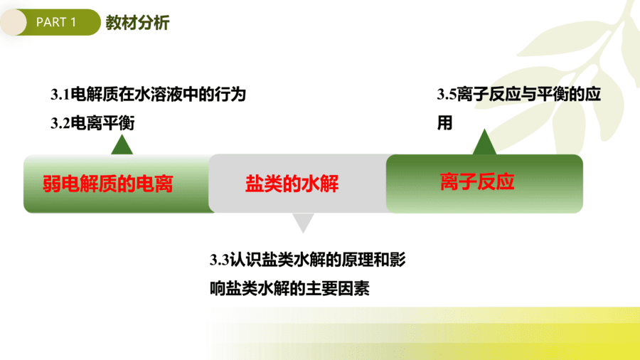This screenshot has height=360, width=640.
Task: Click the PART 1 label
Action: (56, 22)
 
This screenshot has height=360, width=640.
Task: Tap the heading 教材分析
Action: (137, 23)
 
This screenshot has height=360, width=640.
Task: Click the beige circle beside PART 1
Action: (14, 22)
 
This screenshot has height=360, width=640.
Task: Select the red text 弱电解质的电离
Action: (108, 184)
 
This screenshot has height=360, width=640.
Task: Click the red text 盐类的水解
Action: (292, 184)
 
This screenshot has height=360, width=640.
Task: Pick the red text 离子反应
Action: (477, 181)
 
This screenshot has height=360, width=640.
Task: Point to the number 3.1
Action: (60, 95)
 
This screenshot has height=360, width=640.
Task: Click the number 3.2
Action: (60, 123)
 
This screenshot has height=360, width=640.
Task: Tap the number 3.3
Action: (220, 260)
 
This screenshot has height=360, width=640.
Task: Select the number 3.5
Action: (447, 95)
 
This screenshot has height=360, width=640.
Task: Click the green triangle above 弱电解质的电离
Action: (122, 145)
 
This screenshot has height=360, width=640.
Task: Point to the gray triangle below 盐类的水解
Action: (303, 223)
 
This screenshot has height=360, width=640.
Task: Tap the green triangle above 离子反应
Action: (484, 142)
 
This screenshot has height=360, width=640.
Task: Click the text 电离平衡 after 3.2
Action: (102, 123)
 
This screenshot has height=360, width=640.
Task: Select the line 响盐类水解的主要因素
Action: (290, 289)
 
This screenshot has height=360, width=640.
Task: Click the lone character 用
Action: (445, 123)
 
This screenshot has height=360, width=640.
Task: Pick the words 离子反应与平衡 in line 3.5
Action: (504, 95)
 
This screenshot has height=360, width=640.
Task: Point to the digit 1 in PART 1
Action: (73, 22)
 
